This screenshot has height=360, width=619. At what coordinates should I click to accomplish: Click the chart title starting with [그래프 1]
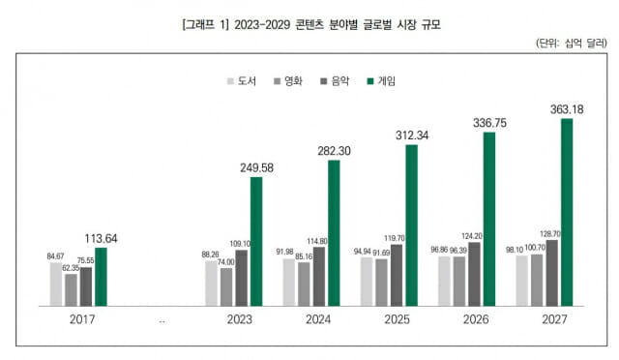click(x=310, y=21)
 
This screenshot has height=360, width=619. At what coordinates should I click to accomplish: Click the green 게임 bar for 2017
click(x=101, y=277)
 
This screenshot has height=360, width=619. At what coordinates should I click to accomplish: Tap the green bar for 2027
click(x=566, y=212)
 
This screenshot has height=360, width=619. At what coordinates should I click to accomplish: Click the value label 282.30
click(x=335, y=150)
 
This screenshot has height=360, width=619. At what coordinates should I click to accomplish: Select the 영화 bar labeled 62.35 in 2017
click(x=71, y=289)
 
